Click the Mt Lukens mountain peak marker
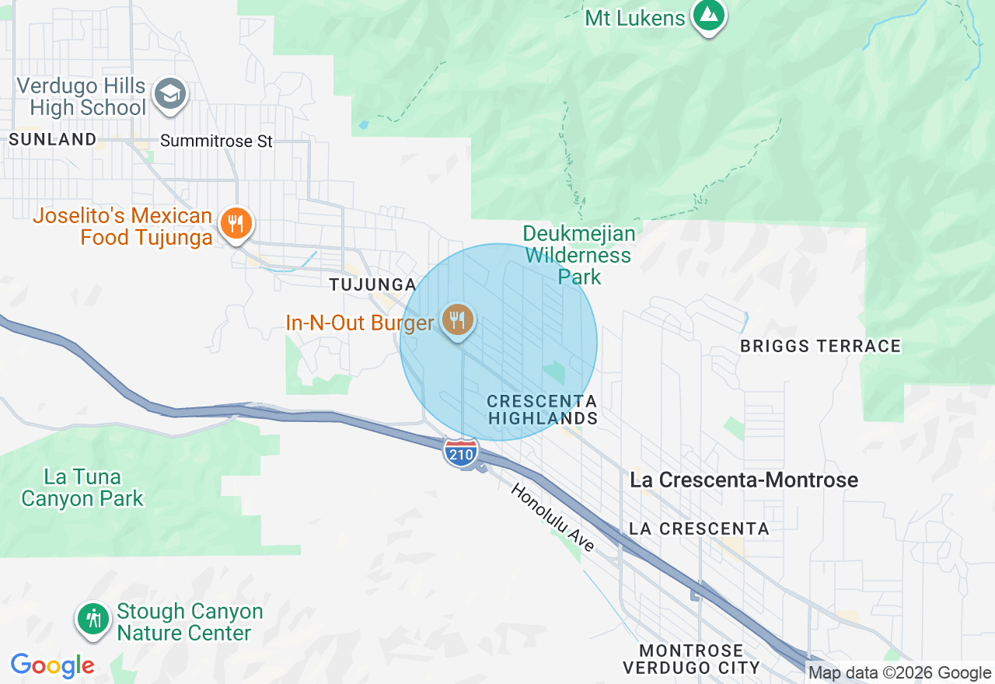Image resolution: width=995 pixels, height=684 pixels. click(708, 16)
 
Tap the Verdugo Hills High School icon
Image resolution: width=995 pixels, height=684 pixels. click(169, 95)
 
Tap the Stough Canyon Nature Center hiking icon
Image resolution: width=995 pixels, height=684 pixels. click(94, 619)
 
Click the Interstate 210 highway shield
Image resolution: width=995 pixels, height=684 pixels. click(461, 452)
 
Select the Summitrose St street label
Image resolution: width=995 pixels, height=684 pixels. click(216, 141)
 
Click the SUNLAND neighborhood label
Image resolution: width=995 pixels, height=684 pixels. click(52, 140)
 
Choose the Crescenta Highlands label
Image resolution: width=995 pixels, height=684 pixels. click(542, 410)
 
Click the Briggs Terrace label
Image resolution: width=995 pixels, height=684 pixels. click(820, 346)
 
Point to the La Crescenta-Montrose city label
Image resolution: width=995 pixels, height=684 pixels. click(744, 480)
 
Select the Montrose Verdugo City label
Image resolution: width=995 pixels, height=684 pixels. click(690, 658)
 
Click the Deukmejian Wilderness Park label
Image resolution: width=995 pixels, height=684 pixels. click(578, 255)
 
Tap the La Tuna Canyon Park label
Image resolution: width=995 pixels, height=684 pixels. click(82, 487)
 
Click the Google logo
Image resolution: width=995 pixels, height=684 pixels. click(53, 665)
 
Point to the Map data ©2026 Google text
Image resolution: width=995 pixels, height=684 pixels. click(899, 673)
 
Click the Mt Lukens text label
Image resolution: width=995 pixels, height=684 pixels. click(635, 18)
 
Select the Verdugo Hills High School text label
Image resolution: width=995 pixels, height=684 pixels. click(82, 96)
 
